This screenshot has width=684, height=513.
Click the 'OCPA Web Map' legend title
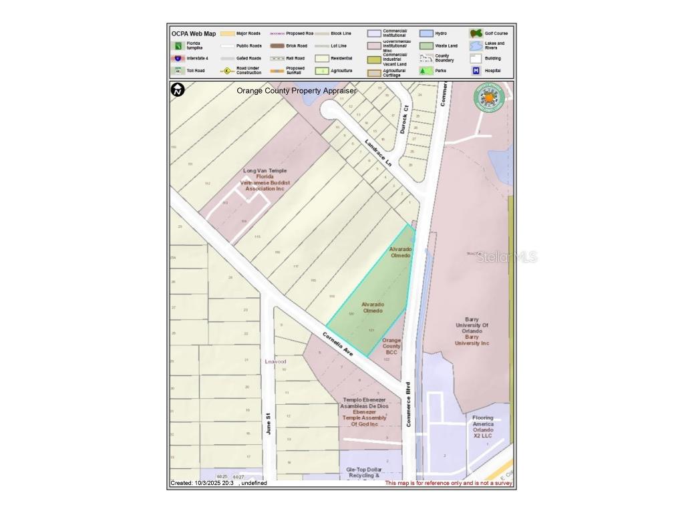[x=193, y=33]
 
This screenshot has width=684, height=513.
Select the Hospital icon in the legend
[x=476, y=70]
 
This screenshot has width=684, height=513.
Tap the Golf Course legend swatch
[x=476, y=33]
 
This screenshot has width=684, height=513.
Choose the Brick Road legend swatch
[x=278, y=45]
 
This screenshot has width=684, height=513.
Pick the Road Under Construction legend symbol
[x=228, y=70]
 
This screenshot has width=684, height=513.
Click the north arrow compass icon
[x=178, y=90]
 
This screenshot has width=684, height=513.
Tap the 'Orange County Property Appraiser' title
[x=297, y=90]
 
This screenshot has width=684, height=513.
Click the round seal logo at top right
[x=488, y=98]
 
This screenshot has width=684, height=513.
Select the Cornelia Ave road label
[x=337, y=344]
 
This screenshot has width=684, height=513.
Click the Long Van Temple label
[x=265, y=180]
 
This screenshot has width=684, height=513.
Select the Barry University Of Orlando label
[x=472, y=331]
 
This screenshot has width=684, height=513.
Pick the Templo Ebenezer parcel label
[x=364, y=412]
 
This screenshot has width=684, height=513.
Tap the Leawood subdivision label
[x=275, y=361]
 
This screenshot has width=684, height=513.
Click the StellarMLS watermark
[x=506, y=257]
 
